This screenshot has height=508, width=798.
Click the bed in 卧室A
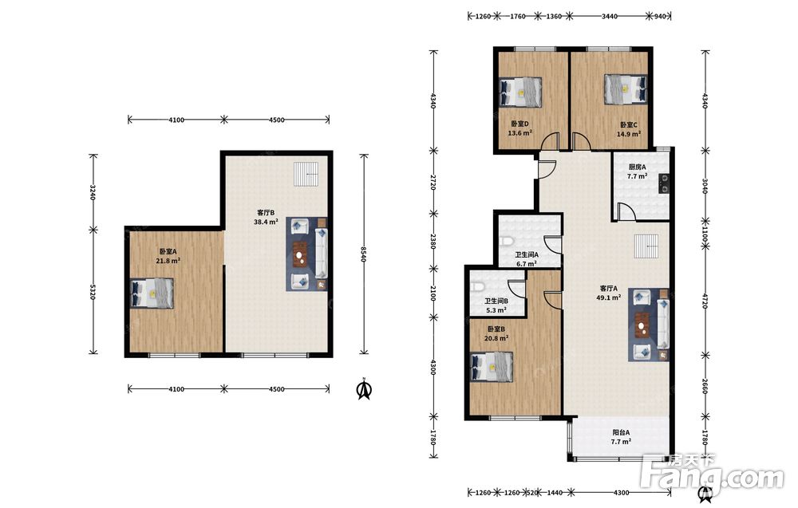(152, 293)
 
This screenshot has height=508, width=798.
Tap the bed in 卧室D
(519, 92)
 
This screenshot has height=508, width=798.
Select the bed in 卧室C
(626, 90)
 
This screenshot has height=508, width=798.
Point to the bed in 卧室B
(492, 366)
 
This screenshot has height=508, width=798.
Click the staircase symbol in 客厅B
(306, 175)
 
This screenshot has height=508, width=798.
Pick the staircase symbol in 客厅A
(647, 246)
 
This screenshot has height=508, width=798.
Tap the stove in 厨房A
(664, 183)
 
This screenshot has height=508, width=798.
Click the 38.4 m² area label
(266, 222)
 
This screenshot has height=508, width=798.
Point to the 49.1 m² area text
(608, 297)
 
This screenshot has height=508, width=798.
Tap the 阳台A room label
(621, 433)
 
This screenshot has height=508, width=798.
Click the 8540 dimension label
(363, 254)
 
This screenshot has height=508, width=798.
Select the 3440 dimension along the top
(609, 16)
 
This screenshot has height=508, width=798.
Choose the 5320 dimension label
(93, 291)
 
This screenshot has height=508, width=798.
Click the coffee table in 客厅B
(302, 254)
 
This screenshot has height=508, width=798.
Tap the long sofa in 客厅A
(663, 325)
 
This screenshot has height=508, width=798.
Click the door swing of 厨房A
(626, 211)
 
